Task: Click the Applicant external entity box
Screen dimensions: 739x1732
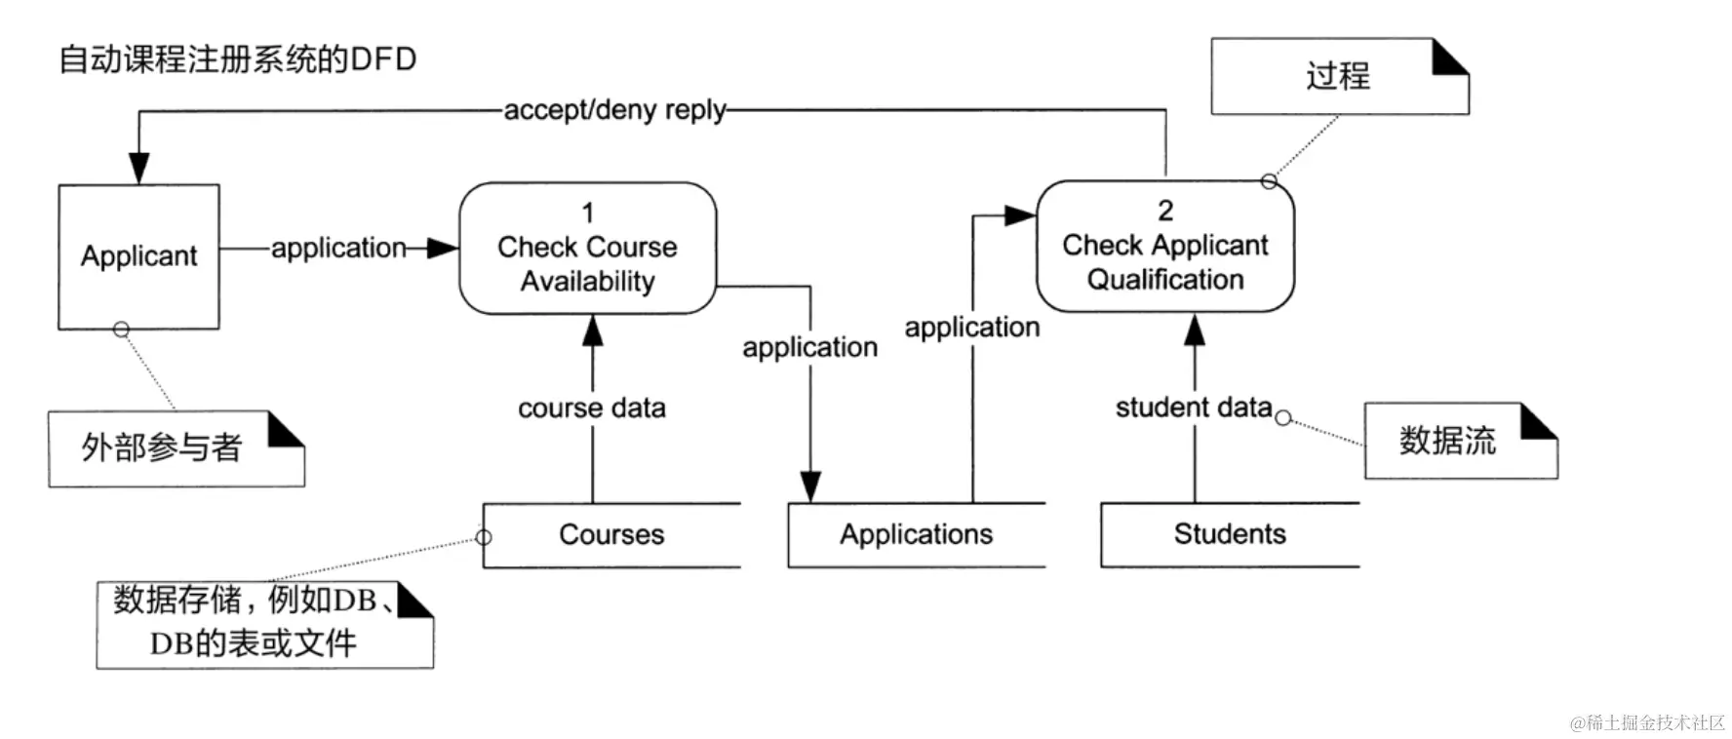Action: pos(138,256)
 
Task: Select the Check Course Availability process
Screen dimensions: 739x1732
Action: pos(587,249)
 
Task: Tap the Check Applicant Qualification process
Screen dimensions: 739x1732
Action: pos(1164,247)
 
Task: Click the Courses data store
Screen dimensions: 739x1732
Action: pos(611,534)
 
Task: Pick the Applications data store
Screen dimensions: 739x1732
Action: pos(916,534)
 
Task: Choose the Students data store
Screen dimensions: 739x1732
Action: pos(1229,534)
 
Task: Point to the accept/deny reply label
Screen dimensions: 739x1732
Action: pos(614,110)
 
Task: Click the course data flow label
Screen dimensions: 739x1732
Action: pos(592,408)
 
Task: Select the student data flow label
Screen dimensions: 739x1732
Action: pos(1193,407)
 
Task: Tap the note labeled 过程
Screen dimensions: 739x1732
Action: pos(1338,76)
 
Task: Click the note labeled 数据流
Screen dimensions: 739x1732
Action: pos(1447,441)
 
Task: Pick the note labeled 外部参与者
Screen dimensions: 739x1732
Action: pos(162,447)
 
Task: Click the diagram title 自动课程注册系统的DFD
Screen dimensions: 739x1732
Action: pos(238,59)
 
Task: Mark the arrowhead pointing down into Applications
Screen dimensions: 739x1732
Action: pos(810,486)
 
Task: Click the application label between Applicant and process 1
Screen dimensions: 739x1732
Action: pos(338,249)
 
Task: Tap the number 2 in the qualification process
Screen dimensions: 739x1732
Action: pos(1165,211)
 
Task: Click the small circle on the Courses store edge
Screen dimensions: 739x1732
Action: pos(484,537)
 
